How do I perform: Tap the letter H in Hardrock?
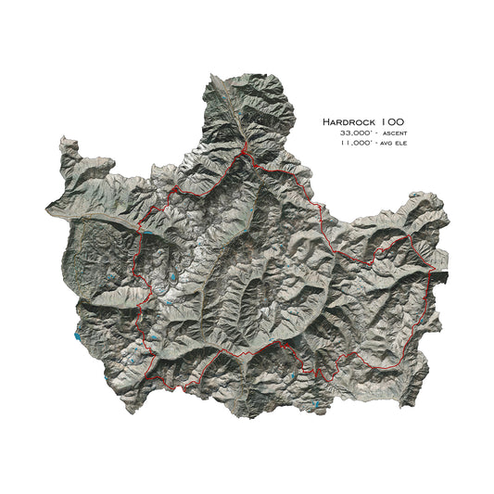tap(326, 121)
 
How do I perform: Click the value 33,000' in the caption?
tap(357, 133)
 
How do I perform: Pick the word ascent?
tap(392, 134)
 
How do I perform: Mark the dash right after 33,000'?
tap(376, 134)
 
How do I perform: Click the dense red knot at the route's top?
tap(244, 150)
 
